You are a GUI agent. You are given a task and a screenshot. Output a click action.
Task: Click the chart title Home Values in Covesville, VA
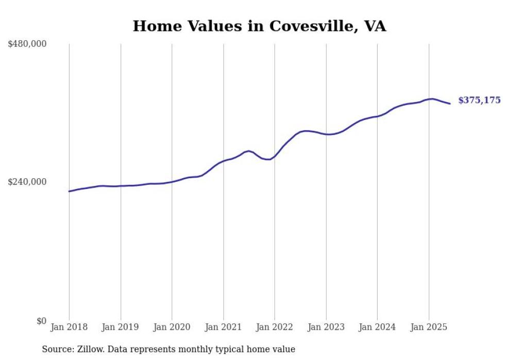(x=259, y=26)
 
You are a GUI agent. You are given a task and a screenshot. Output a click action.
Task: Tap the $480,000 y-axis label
(x=27, y=44)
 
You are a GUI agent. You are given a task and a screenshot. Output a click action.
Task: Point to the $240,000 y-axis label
(x=27, y=182)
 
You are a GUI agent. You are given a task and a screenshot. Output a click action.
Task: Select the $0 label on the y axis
(x=41, y=321)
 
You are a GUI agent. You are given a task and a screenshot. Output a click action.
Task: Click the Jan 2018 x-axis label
(x=69, y=327)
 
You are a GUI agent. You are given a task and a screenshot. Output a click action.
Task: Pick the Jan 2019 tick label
(x=121, y=327)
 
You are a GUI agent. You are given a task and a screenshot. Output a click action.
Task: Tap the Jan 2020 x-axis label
(x=172, y=327)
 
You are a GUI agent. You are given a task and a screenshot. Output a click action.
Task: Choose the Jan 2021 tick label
(x=223, y=327)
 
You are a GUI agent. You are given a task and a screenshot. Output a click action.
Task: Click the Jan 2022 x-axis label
(x=275, y=327)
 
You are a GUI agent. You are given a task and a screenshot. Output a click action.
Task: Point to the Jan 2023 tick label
(x=326, y=327)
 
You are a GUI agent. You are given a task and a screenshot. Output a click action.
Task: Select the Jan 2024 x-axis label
(x=377, y=327)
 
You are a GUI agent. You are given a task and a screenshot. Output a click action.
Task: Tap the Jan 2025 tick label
(x=429, y=327)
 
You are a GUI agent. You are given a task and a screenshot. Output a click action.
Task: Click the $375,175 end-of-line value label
(x=479, y=100)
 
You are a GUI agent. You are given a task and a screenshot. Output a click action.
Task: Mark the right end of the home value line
(x=450, y=104)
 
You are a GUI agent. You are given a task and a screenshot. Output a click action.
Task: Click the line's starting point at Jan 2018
(x=69, y=191)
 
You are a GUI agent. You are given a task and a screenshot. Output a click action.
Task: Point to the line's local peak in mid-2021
(x=249, y=151)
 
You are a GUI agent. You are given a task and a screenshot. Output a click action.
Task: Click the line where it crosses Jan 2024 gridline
(x=377, y=116)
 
